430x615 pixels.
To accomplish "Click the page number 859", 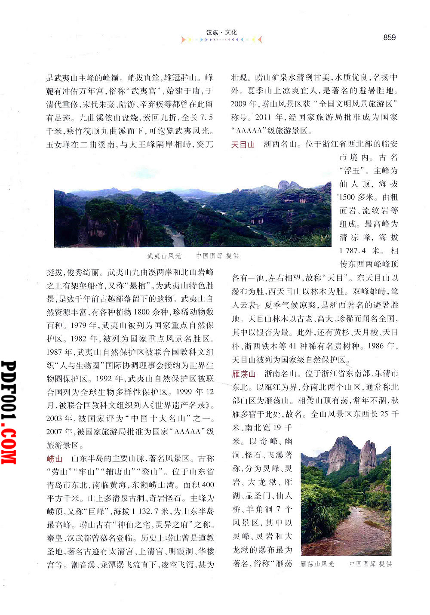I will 389,37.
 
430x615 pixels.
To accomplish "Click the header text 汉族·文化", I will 221,32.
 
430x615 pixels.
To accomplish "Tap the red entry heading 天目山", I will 243,145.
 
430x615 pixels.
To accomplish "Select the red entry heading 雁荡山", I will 244,374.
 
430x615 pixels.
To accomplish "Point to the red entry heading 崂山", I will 55,458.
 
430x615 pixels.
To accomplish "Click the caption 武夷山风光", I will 164,256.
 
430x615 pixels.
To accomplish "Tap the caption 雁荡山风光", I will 317,564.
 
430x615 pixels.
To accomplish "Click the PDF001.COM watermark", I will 9,412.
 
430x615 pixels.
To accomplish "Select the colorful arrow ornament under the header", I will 221,40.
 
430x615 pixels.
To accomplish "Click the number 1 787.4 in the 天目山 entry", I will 353,251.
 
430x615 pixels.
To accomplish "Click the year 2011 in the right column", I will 263,117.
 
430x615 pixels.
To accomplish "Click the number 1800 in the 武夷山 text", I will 141,312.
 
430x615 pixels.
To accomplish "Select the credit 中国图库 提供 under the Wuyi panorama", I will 217,256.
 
